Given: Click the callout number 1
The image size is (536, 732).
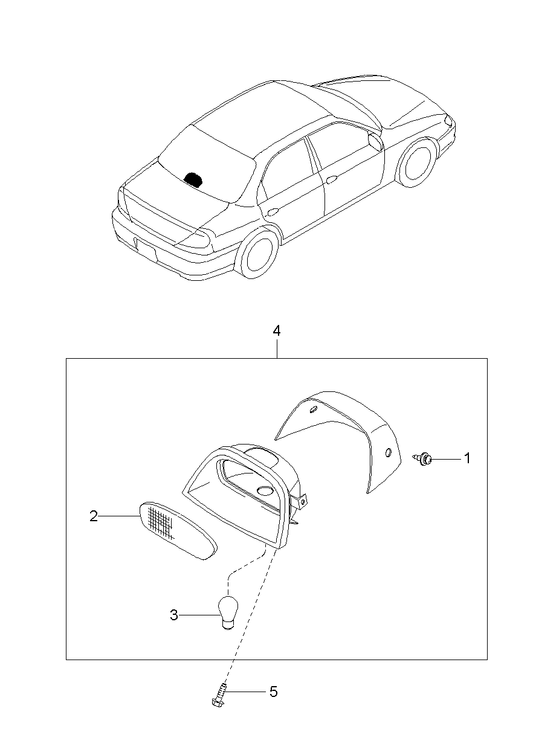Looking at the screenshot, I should point(467,458).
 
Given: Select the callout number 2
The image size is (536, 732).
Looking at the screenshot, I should point(94,516).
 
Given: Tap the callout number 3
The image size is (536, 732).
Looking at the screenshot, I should point(174,615).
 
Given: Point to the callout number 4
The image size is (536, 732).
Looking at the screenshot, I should point(277,331).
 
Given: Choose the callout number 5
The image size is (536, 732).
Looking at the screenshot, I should point(273,692).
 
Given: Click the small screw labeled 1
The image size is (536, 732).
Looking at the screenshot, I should point(425,459).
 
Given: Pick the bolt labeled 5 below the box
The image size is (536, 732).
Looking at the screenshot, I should point(219,695).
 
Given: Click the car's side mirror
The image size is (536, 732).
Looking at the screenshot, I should point(375,141).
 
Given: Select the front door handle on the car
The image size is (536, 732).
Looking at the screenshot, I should point(331,179).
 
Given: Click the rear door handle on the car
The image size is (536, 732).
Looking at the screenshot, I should point(272,211).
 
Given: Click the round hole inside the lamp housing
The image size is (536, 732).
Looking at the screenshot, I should point(264,490).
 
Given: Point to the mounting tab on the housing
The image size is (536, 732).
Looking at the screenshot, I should point(300,501).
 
